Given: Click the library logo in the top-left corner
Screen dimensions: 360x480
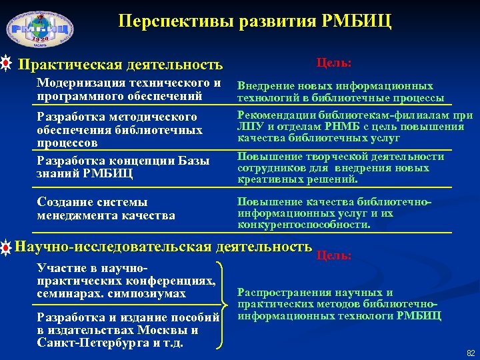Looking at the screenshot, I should click(40, 31).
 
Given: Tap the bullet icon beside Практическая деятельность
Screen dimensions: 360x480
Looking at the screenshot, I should click(6, 65).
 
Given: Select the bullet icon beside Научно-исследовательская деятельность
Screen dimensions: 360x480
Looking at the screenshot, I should click(6, 248).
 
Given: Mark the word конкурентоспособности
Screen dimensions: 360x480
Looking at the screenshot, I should click(303, 225).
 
